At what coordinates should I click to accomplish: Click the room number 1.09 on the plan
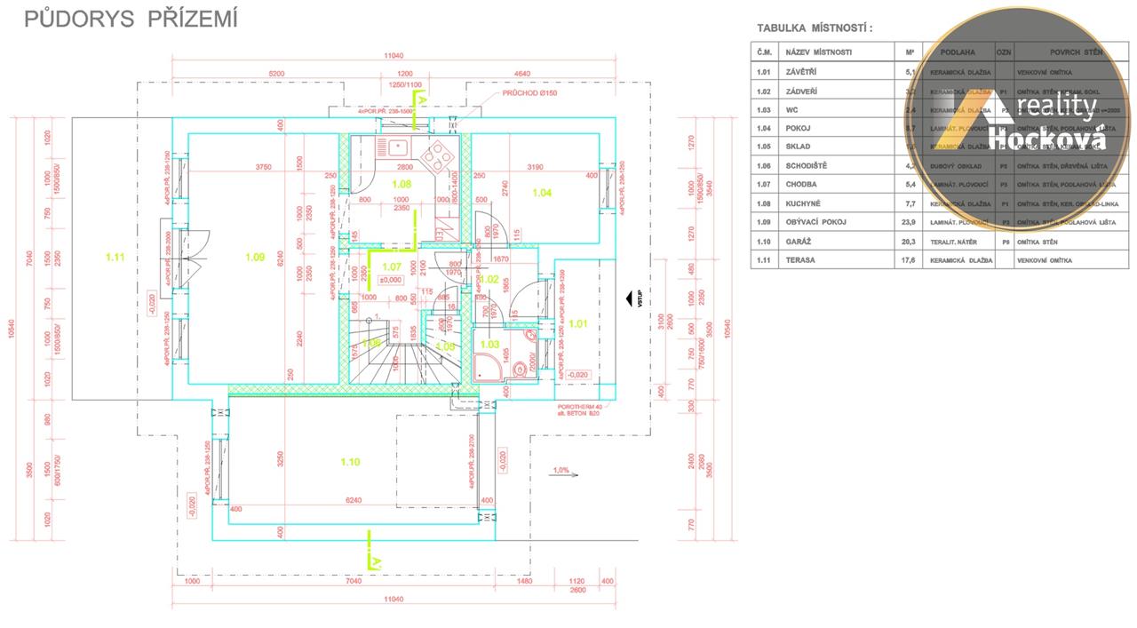click(255, 257)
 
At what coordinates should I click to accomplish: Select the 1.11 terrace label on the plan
click(115, 257)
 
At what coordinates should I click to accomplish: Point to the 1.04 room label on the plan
click(542, 192)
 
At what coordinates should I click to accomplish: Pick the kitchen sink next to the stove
click(393, 147)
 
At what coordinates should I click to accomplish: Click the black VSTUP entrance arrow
click(629, 299)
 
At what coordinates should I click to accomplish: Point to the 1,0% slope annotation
click(561, 470)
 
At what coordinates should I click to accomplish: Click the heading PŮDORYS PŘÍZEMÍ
click(131, 20)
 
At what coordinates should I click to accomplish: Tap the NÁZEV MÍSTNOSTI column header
click(818, 52)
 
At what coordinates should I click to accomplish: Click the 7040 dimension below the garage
click(354, 581)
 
